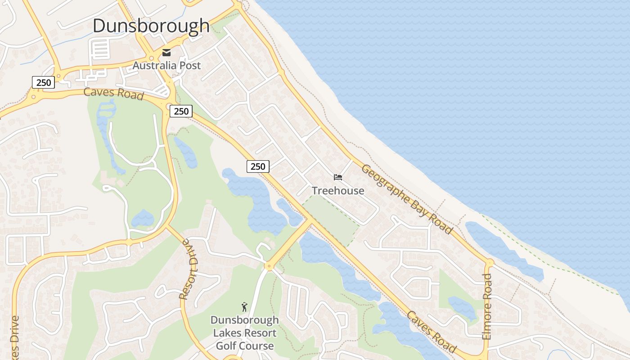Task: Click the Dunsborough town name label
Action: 151,26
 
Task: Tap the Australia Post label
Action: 166,65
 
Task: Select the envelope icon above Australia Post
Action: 166,53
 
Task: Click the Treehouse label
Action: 338,190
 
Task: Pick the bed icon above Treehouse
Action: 338,177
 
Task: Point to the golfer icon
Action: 244,307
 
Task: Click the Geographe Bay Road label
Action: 406,199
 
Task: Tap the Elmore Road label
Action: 487,306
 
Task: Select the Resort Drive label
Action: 189,269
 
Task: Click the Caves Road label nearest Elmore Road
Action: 432,332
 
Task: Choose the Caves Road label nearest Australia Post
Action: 113,94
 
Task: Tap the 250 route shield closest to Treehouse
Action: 258,166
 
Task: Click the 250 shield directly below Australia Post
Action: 181,111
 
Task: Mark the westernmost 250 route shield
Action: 43,82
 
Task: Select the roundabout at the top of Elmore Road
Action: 489,262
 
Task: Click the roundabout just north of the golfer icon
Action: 269,266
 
